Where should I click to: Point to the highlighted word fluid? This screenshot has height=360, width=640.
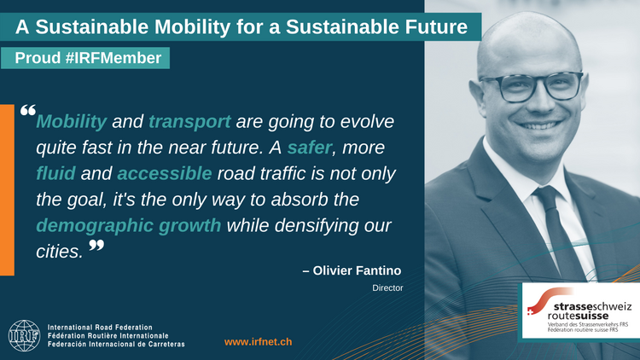(56, 173)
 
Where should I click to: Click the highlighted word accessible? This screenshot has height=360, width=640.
(164, 173)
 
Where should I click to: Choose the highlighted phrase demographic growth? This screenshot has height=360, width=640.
(129, 226)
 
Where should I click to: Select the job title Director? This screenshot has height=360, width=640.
(387, 288)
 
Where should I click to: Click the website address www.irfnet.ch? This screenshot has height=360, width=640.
(258, 341)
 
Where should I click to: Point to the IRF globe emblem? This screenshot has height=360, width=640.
(23, 335)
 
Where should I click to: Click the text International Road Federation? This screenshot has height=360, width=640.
(100, 327)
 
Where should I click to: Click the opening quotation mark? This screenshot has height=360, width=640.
(27, 112)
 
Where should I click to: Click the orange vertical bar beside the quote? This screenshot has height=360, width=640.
(7, 189)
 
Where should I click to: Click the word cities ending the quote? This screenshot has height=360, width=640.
(59, 253)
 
